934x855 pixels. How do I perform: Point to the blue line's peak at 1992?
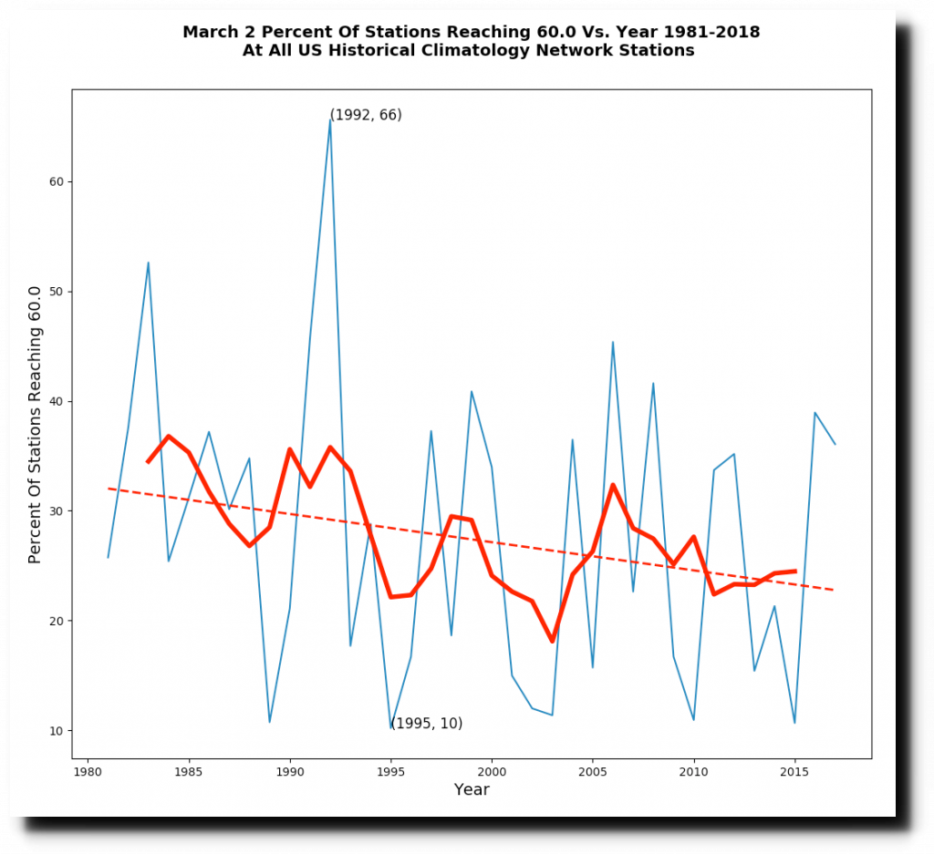(x=330, y=119)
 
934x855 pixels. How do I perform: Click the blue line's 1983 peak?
(x=148, y=263)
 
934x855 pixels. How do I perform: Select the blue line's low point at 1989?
(x=269, y=722)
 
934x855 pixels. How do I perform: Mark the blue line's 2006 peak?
(x=613, y=342)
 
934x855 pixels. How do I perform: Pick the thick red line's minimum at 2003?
(x=552, y=641)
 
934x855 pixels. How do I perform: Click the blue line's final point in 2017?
(x=835, y=444)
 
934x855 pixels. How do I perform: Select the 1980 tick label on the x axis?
(x=88, y=770)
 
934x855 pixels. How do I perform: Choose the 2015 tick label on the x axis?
(x=794, y=770)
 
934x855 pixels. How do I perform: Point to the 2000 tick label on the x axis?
(x=492, y=770)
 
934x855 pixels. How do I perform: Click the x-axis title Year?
(x=472, y=789)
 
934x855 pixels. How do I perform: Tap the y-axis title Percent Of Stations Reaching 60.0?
(x=36, y=425)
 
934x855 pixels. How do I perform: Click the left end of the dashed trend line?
(x=109, y=489)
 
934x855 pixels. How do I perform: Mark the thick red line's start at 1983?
(x=148, y=462)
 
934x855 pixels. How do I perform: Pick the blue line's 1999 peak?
(x=472, y=392)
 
